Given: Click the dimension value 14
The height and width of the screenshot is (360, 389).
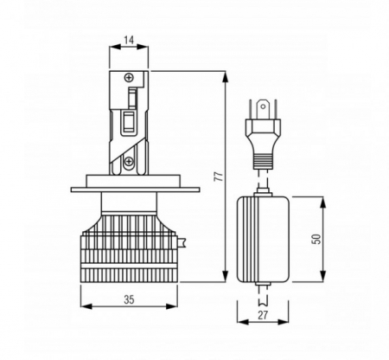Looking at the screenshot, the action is [129, 40].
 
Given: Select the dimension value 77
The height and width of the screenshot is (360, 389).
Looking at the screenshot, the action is [220, 177].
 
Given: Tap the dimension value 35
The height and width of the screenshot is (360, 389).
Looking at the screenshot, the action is [129, 299].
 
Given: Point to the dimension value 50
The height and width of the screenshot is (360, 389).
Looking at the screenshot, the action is [316, 239].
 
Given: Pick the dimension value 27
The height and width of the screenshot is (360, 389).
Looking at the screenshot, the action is [263, 315].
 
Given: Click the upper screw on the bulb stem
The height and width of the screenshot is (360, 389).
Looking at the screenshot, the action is [129, 77].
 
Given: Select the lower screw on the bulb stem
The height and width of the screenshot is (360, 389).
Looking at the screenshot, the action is [128, 161].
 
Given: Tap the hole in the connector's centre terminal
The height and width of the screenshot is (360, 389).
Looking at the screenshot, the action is [263, 106].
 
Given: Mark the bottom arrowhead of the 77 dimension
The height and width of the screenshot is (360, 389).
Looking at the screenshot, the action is [226, 276].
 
